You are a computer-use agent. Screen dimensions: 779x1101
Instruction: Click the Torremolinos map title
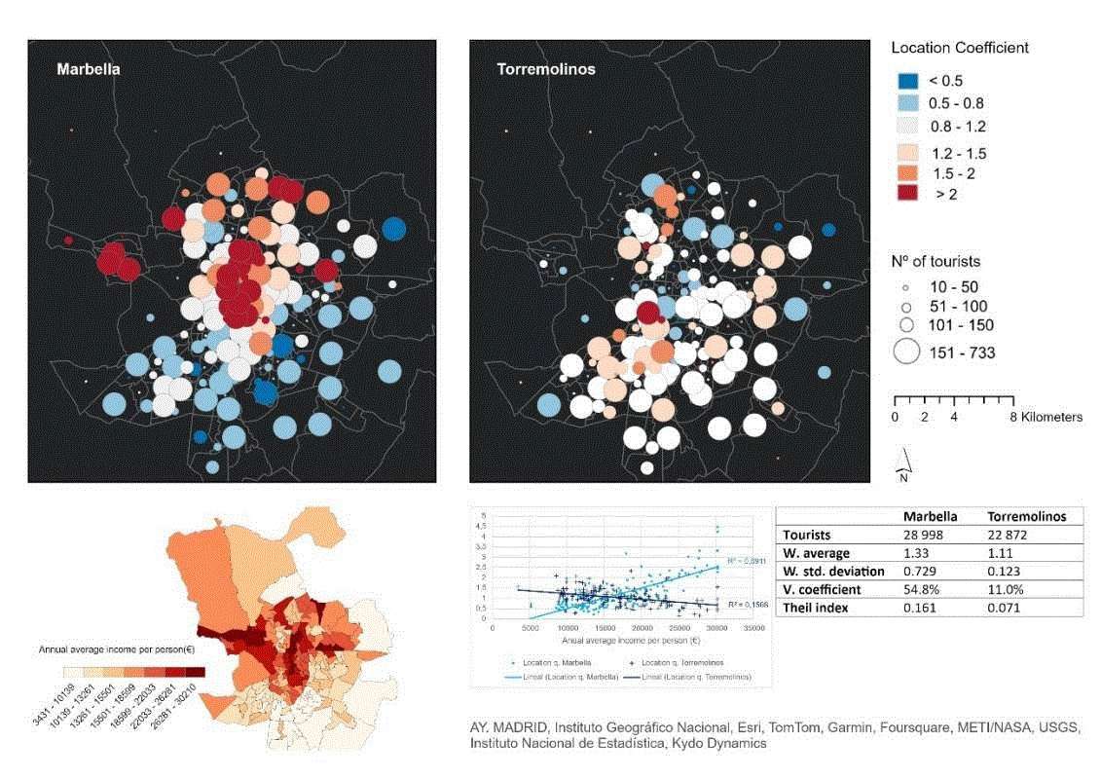pos(546,70)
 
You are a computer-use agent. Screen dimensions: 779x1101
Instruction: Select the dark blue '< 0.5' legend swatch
pos(906,81)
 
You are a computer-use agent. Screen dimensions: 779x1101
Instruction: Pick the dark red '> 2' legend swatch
pos(906,194)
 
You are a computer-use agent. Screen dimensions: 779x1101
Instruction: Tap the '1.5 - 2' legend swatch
pos(906,172)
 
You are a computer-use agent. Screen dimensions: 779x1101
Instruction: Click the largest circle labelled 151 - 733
pos(906,352)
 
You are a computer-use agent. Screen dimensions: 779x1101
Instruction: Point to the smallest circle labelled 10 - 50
pos(904,288)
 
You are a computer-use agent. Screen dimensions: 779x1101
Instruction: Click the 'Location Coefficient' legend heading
pos(960,48)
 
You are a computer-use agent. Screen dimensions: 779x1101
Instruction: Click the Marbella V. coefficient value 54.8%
pos(923,589)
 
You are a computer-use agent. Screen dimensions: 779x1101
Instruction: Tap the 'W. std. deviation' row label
pos(833,572)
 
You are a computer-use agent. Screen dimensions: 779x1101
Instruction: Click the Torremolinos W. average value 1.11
pos(1005,553)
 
